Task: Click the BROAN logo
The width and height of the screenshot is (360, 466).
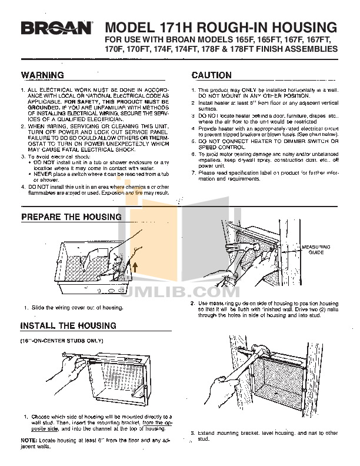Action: pos(58,28)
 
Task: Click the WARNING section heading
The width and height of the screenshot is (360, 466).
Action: pos(42,75)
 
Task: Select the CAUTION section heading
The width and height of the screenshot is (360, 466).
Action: pos(212,75)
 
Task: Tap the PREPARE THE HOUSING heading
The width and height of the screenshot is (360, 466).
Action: pos(71,217)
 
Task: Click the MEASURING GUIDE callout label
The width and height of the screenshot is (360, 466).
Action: pos(316,249)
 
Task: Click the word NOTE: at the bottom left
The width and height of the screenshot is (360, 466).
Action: pos(29,440)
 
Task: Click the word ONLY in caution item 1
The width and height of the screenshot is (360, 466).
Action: pos(244,89)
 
